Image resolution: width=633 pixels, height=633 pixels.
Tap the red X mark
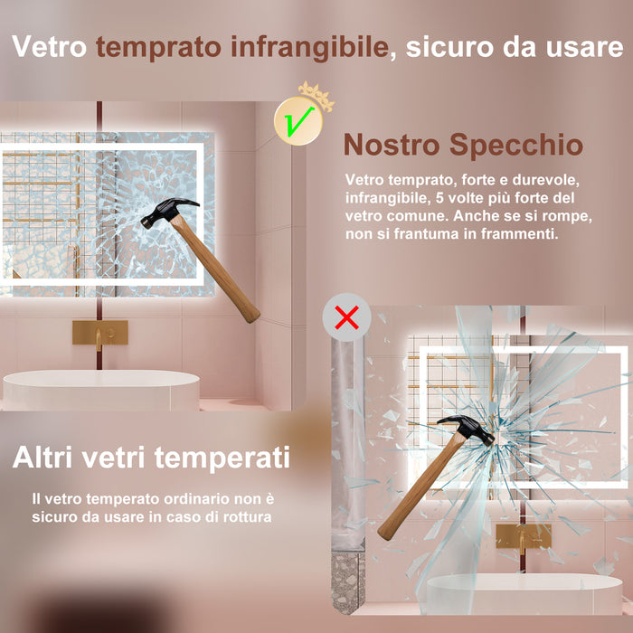point(346,317)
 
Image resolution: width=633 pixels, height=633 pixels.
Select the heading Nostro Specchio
point(463,144)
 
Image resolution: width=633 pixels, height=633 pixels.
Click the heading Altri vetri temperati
point(151,457)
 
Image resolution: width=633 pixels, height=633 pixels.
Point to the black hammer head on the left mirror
point(168,210)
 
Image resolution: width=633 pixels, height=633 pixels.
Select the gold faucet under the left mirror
point(99,333)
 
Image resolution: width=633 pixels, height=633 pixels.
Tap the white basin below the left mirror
point(100,390)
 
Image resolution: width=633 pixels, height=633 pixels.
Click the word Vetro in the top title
point(51,48)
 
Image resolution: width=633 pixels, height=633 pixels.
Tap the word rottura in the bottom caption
point(248,516)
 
